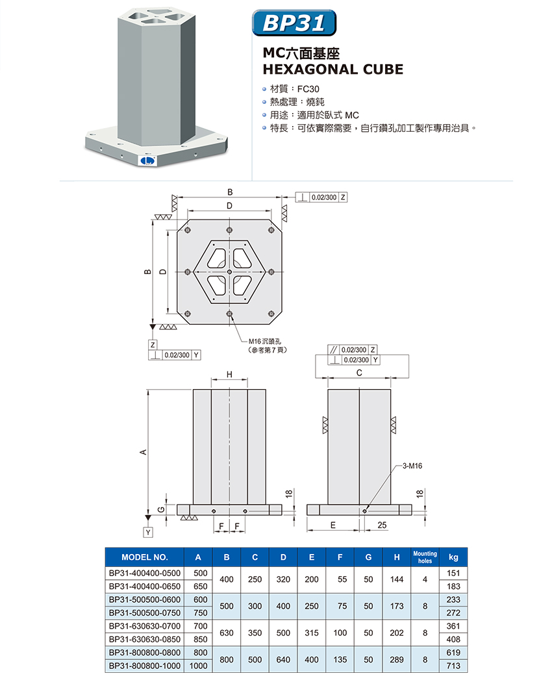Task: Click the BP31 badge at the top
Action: pyautogui.click(x=294, y=23)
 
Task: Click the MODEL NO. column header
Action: pyautogui.click(x=145, y=557)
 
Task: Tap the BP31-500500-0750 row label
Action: pyautogui.click(x=145, y=612)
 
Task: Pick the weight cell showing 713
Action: pyautogui.click(x=453, y=666)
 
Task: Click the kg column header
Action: pyautogui.click(x=453, y=557)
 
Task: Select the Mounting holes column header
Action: pyautogui.click(x=425, y=557)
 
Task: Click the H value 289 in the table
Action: pyautogui.click(x=396, y=659)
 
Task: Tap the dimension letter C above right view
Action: pyautogui.click(x=359, y=374)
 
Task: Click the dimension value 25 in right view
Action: pyautogui.click(x=381, y=524)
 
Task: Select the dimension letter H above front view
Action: pyautogui.click(x=229, y=375)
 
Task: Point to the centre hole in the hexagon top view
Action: pyautogui.click(x=230, y=271)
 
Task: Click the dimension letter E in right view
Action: pyautogui.click(x=332, y=524)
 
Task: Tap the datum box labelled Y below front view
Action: pyautogui.click(x=149, y=533)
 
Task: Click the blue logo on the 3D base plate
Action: pyautogui.click(x=146, y=158)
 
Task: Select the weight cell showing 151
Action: pyautogui.click(x=453, y=573)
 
